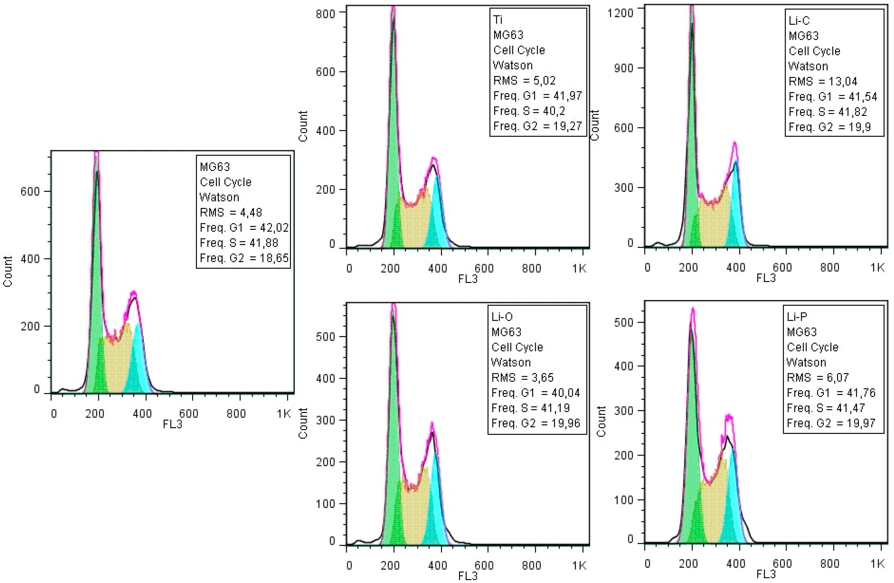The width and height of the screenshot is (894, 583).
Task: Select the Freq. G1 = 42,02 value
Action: point(244,228)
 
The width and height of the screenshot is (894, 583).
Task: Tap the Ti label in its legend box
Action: point(498,19)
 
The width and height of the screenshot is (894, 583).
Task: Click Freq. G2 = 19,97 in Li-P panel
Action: point(831,423)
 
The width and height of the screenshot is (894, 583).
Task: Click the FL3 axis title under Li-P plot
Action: point(766,574)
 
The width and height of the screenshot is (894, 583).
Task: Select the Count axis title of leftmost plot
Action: point(8,271)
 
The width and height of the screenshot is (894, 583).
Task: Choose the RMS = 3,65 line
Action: point(522,378)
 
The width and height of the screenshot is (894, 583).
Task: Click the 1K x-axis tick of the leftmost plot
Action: point(284,414)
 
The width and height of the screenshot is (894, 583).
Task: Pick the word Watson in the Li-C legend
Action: point(808,67)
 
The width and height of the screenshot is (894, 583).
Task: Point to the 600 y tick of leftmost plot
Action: point(30,192)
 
